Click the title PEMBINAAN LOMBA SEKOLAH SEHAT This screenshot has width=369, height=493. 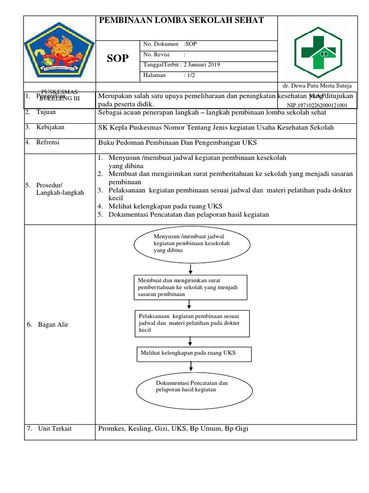(x=181, y=20)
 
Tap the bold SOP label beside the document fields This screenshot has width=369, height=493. (x=118, y=58)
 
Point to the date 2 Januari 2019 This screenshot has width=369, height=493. (x=201, y=65)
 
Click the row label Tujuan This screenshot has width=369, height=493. (x=46, y=112)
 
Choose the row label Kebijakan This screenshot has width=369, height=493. (x=50, y=127)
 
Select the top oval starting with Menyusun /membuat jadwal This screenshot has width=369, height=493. (x=192, y=244)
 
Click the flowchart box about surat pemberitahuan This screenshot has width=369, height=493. (x=190, y=287)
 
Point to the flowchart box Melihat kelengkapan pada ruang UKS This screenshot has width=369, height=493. (x=193, y=353)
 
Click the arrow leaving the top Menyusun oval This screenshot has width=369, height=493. (x=191, y=268)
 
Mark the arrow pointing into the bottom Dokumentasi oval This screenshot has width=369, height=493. (x=191, y=367)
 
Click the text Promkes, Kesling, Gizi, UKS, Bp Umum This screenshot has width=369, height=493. (x=173, y=428)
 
